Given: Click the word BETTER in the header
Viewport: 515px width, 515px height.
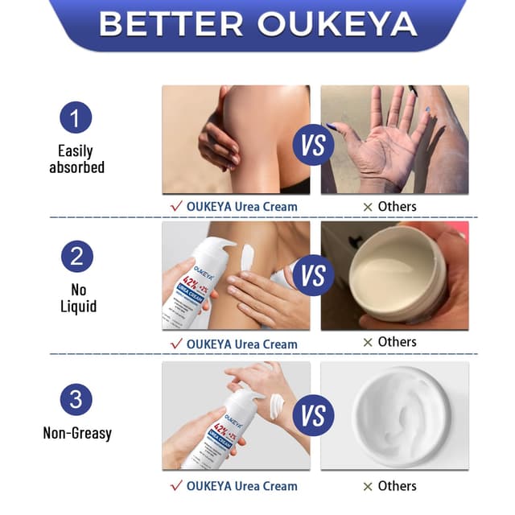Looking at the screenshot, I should tap(172, 23).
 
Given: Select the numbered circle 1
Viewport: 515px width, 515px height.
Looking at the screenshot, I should tap(76, 119).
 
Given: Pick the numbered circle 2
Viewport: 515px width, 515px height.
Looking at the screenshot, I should tap(76, 257).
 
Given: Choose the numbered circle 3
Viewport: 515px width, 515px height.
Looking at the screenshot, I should tap(76, 400).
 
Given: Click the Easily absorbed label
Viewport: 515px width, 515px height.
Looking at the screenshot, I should tap(76, 159).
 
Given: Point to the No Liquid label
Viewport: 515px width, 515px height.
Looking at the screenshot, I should tap(78, 298).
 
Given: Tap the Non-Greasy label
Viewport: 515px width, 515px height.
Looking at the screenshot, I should tap(77, 433).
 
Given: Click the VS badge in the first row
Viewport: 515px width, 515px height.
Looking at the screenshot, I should tap(314, 145).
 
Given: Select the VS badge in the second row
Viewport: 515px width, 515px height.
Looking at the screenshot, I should tap(314, 276).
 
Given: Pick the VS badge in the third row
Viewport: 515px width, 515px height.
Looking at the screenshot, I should tap(314, 415).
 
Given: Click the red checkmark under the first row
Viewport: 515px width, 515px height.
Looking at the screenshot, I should tap(175, 207).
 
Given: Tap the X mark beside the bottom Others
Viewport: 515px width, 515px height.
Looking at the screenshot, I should tap(367, 487).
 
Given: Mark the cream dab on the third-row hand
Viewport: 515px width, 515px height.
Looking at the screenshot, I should tap(277, 405).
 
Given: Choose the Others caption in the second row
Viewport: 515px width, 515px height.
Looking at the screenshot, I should tap(397, 342).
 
